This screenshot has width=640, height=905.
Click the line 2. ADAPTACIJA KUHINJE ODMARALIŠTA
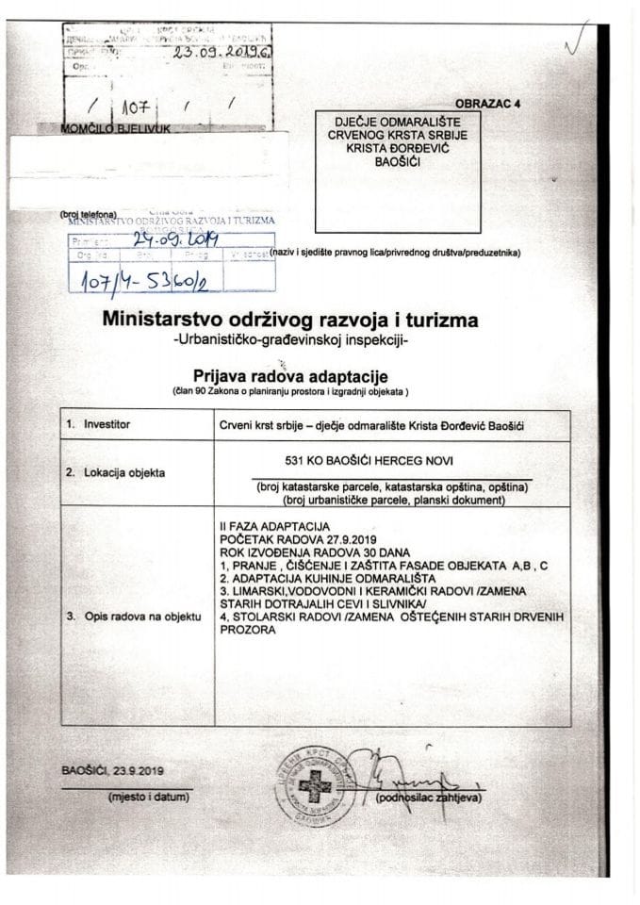click(325, 574)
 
